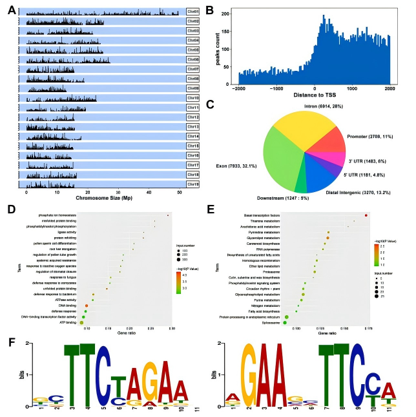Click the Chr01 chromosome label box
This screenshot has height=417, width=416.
[x=192, y=12]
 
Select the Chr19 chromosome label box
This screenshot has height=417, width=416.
[x=192, y=184]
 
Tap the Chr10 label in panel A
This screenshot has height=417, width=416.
[x=192, y=98]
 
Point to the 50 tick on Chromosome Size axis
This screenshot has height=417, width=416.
[x=179, y=192]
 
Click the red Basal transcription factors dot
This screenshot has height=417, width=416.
[x=366, y=215]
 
